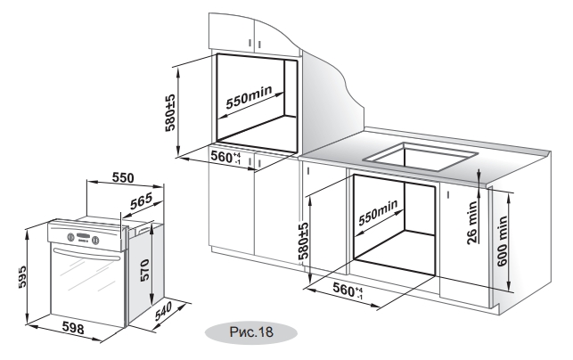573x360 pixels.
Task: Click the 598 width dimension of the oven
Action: pos(73,328)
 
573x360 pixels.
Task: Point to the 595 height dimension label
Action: pos(22,276)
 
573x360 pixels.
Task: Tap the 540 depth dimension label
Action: pos(163,311)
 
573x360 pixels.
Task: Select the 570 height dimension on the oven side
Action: pos(144,270)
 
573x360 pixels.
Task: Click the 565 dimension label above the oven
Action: pos(141,200)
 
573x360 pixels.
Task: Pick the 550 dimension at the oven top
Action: pos(123,177)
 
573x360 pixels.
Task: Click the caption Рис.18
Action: pos(251,331)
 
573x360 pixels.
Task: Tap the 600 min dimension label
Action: pos(502,241)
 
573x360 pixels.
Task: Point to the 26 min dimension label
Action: pos(472,222)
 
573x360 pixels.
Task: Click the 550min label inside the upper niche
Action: pos(249,97)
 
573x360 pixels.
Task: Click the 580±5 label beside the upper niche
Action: pos(170,113)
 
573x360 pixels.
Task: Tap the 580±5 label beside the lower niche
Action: pos(303,241)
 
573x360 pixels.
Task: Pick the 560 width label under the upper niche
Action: pos(225,157)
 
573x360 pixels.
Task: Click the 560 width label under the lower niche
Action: pos(348,290)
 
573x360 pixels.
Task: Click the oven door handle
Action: pos(86,254)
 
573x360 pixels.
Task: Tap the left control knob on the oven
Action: pos(71,237)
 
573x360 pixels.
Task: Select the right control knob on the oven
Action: pos(95,240)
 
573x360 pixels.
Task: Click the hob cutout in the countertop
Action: pos(421,157)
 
